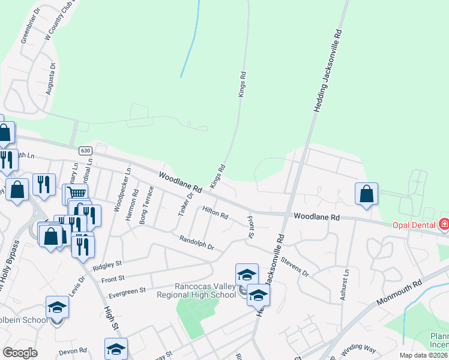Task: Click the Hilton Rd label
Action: [215, 212]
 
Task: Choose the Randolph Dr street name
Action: [196, 243]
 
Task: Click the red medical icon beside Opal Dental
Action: [444, 224]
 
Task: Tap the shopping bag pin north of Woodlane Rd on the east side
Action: [366, 194]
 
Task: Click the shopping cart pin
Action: [76, 194]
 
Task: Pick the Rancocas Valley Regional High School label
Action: [196, 290]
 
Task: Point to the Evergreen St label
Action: [127, 292]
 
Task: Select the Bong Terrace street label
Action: [146, 206]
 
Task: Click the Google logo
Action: [20, 353]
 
